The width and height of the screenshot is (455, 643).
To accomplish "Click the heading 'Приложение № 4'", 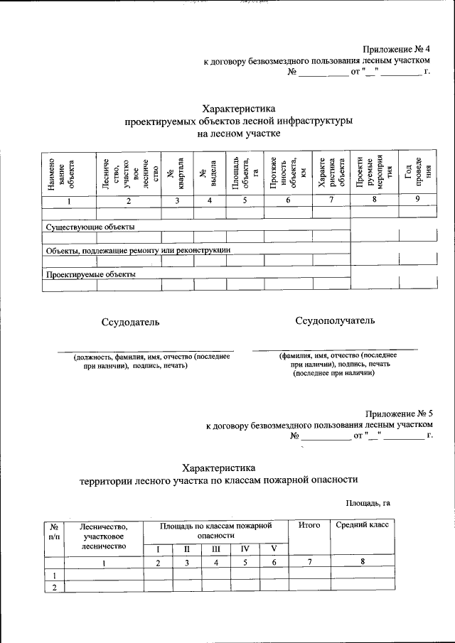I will (x=397, y=49).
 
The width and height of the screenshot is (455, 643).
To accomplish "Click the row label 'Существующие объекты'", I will (x=90, y=227).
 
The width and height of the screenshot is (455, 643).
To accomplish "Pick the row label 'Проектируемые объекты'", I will (x=91, y=274).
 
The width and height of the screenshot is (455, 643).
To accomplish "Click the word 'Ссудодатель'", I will (x=130, y=322).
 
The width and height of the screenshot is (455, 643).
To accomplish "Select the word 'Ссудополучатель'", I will (x=334, y=320).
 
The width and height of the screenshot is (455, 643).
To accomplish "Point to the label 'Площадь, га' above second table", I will (x=368, y=504).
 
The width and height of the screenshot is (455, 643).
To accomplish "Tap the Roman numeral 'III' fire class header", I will (x=216, y=549).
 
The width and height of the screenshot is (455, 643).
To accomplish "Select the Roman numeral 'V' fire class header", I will (x=273, y=549).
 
